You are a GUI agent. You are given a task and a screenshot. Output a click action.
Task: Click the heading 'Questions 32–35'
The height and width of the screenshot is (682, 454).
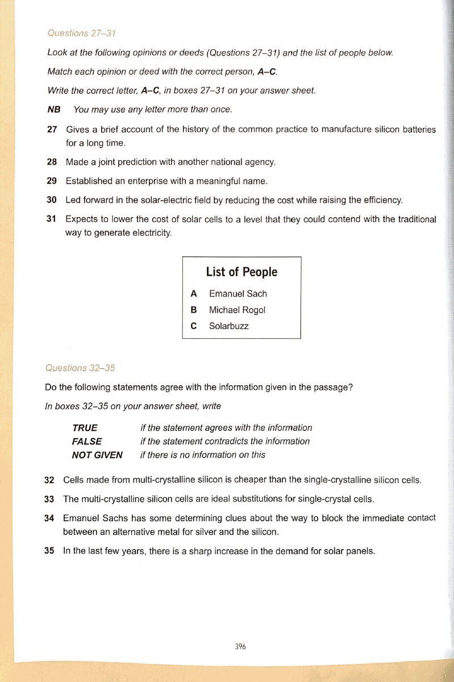80,368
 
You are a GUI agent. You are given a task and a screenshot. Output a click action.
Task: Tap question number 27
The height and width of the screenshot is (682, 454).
52,130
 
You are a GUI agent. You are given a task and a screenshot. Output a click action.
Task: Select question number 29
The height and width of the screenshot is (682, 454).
52,181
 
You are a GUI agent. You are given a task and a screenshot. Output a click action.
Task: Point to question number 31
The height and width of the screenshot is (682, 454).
52,219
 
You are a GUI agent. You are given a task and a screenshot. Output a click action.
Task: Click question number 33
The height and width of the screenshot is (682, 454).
49,499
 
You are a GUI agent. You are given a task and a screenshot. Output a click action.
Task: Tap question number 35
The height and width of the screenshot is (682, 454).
49,551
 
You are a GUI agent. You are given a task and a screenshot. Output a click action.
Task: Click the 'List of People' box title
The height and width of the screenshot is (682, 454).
241,272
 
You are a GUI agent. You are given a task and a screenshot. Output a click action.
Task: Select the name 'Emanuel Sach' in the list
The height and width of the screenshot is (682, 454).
238,294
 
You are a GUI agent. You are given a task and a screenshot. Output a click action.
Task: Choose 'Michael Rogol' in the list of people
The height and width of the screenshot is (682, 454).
237,310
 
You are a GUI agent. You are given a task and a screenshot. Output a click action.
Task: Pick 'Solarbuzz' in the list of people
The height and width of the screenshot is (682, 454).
228,326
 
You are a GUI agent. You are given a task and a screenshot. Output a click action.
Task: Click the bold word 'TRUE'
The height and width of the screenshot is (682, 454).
85,427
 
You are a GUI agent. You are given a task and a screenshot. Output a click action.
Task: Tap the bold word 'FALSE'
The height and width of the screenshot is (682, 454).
87,441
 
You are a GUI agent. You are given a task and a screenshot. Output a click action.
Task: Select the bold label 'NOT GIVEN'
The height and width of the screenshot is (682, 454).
97,455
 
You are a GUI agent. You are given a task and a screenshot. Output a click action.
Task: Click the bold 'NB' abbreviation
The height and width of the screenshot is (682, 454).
54,109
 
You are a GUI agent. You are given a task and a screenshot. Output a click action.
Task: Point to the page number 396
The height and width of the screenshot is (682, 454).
240,646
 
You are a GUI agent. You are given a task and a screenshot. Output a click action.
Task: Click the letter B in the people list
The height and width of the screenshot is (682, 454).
194,310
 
